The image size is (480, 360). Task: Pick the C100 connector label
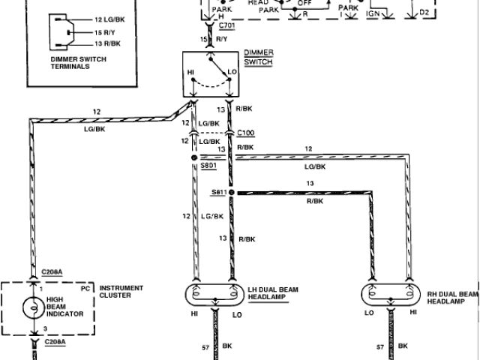pos(246,133)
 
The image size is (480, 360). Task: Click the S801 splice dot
pos(193,159)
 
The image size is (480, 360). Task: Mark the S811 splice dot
pos(231,193)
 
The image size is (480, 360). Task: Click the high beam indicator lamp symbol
pos(34,307)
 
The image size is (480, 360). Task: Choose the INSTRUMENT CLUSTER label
pos(122,292)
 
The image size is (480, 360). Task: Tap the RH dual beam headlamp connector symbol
pos(391,292)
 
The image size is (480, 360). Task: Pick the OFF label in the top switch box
pos(306,3)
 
